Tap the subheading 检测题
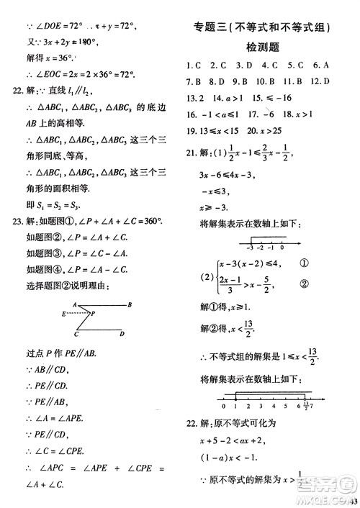tap(262, 47)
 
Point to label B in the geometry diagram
tap(129, 305)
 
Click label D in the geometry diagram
tap(122, 334)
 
